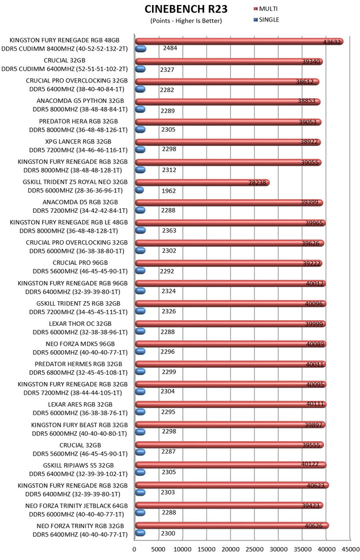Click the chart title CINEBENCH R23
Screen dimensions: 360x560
186,9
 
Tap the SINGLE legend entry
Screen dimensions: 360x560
266,19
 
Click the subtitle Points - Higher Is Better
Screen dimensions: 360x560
186,20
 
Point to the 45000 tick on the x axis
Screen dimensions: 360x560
350,550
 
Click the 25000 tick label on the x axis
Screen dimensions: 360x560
254,550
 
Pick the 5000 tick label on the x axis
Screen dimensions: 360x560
158,550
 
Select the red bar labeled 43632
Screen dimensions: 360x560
239,41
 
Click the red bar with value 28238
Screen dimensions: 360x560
202,182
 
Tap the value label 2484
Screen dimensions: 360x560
170,48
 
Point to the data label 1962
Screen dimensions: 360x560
168,191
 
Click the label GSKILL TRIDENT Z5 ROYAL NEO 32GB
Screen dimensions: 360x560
75,182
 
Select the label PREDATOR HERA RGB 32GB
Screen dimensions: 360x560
78,121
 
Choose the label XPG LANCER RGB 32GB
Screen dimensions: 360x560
78,141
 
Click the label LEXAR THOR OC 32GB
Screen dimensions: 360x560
80,324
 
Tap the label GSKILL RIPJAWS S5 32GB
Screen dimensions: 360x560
78,466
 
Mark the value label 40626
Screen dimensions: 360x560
314,526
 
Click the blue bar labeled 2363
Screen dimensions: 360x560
140,230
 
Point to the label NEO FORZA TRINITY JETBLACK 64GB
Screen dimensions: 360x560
76,506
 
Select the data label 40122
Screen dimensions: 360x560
310,464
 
